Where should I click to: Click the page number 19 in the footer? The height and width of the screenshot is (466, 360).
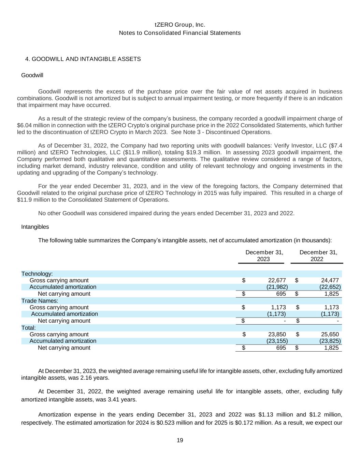click(x=180, y=440)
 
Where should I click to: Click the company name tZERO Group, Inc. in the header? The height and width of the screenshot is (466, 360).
click(x=180, y=25)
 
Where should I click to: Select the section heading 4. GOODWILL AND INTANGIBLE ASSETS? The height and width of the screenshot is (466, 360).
click(x=83, y=59)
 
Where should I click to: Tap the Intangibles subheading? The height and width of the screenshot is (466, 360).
click(x=35, y=227)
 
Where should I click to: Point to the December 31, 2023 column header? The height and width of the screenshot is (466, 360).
click(x=264, y=256)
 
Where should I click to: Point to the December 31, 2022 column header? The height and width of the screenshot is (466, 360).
click(x=318, y=256)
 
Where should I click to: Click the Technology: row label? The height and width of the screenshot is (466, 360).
click(x=37, y=274)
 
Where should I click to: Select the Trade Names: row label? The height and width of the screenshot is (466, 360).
click(x=40, y=301)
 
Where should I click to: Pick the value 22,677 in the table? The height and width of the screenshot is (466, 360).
click(x=277, y=281)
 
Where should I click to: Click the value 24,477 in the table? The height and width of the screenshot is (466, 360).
click(x=330, y=281)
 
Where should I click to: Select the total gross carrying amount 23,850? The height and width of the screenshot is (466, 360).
click(x=277, y=335)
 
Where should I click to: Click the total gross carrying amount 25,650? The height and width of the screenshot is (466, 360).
click(x=330, y=335)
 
